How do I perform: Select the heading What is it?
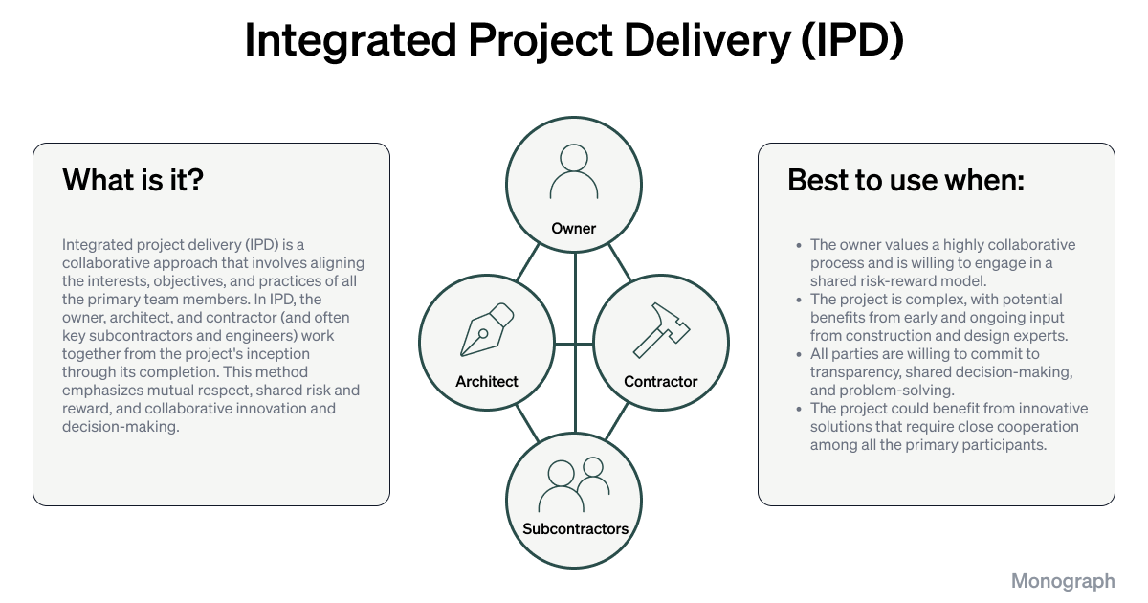point(133,180)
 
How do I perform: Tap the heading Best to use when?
point(905,180)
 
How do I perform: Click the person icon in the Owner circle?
point(574,170)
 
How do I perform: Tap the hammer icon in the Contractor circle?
point(660,330)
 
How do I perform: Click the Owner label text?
point(574,229)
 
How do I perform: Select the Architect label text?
point(487,381)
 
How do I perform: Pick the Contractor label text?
point(661,381)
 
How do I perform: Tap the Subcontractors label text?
point(575,528)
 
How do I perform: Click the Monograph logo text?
point(1063,581)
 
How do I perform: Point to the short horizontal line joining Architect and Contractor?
point(574,343)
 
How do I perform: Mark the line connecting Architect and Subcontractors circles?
point(527,421)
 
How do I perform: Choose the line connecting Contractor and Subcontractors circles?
point(621,421)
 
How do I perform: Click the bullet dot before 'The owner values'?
point(799,245)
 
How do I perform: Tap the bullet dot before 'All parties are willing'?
point(799,354)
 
